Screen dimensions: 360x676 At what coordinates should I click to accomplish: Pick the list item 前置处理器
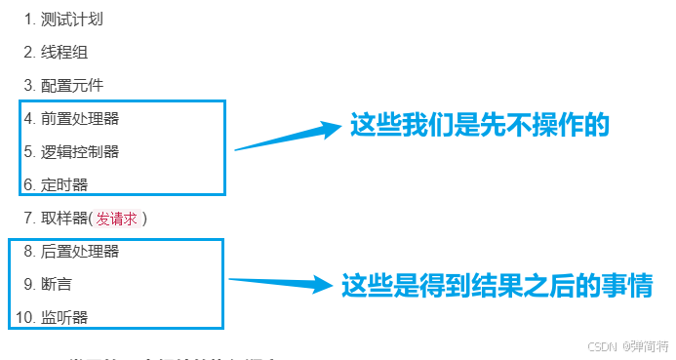tap(80, 119)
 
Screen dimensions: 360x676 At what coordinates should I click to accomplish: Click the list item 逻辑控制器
tap(80, 151)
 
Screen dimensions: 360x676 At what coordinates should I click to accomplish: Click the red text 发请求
tap(116, 218)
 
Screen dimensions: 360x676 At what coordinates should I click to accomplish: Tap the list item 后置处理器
tap(80, 252)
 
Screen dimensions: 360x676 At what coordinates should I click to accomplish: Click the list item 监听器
tap(64, 317)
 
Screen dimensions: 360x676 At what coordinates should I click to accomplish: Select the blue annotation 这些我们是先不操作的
tap(479, 126)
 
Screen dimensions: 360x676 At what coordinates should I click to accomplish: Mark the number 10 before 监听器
tap(22, 317)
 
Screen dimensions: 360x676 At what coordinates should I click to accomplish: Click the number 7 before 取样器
tap(27, 218)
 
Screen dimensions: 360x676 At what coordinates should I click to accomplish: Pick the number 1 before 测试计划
tap(28, 20)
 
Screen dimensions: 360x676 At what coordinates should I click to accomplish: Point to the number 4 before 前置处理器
tap(28, 119)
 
